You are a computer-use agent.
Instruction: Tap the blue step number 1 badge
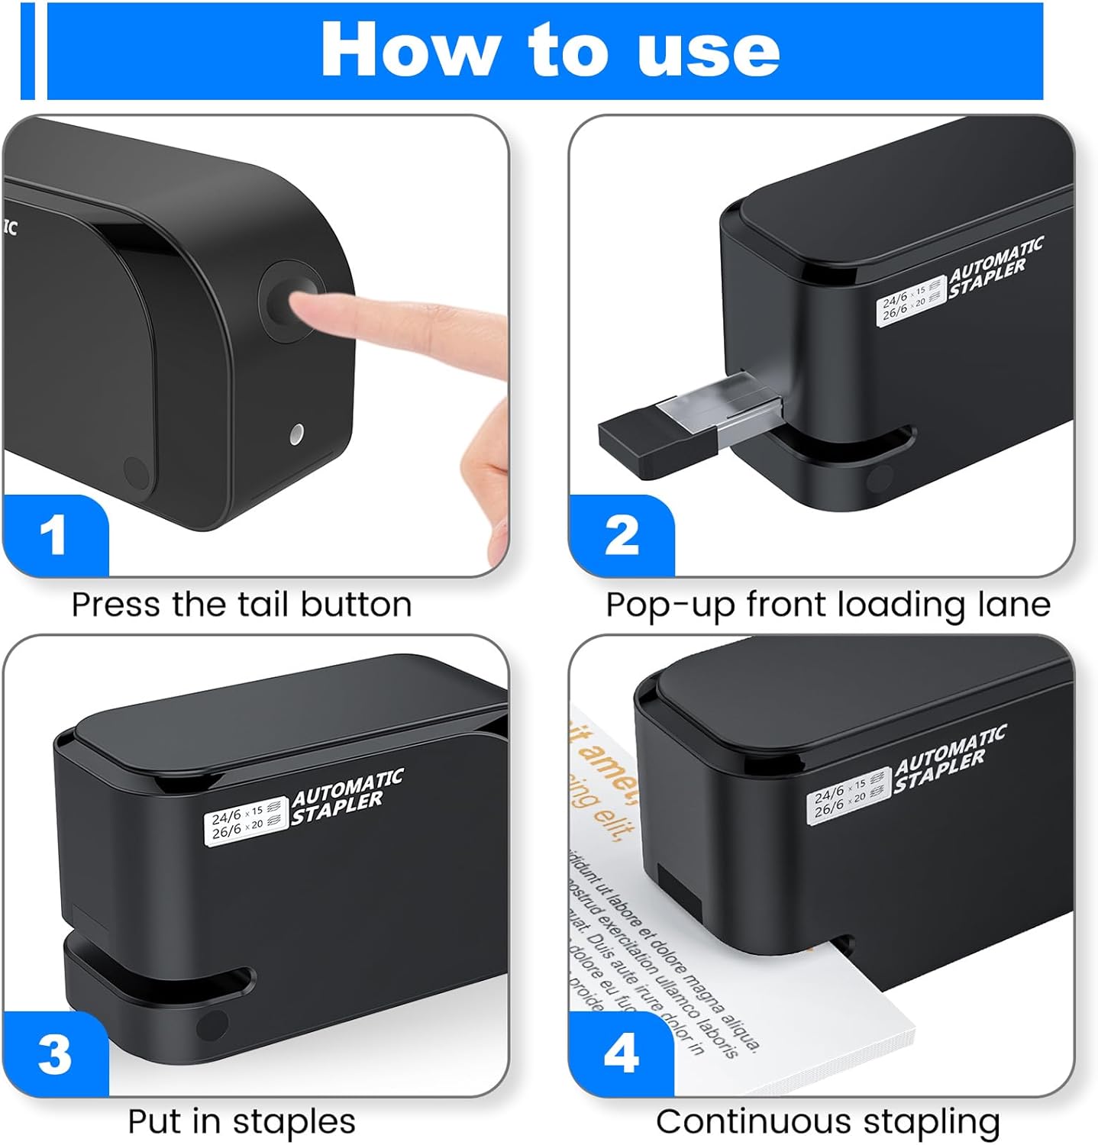click(x=53, y=536)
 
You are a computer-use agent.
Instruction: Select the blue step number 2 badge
click(x=621, y=536)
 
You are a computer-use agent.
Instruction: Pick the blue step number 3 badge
click(x=53, y=1054)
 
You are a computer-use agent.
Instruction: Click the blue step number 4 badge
click(x=621, y=1054)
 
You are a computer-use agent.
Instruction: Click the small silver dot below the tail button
click(x=297, y=435)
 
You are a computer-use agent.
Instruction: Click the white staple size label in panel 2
click(x=910, y=302)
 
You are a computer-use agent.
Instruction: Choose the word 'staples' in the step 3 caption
click(x=294, y=1121)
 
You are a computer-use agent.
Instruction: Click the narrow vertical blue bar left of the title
click(x=27, y=50)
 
